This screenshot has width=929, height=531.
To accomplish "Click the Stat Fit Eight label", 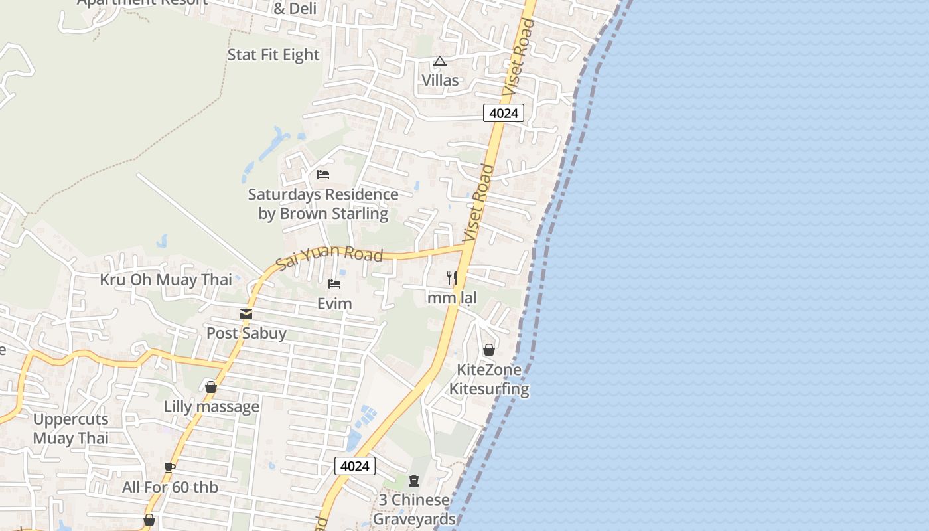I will tap(273, 55).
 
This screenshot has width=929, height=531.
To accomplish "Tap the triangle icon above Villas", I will tap(439, 62).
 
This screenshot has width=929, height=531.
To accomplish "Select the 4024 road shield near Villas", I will tap(503, 113).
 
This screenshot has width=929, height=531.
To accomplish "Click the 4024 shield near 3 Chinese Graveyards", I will tap(354, 466).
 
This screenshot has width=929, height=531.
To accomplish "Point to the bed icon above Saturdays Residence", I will tap(323, 175).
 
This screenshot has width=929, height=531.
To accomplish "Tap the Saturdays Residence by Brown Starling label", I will tap(323, 204).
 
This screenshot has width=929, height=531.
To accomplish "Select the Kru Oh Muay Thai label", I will tap(166, 279).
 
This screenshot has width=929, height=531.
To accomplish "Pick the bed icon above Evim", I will tap(334, 284).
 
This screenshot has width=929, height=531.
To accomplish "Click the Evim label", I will tap(334, 304).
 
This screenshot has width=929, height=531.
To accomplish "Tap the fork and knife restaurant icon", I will tap(452, 277).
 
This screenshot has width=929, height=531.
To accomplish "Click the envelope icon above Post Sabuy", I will tap(246, 313).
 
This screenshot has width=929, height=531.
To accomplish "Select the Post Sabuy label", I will tap(246, 333).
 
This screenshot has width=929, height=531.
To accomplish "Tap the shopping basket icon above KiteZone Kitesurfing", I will tap(489, 350).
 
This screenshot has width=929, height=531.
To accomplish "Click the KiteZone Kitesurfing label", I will tap(489, 379).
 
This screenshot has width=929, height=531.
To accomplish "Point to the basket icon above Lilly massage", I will tap(211, 387).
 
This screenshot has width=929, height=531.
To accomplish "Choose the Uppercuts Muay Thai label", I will tap(70, 429).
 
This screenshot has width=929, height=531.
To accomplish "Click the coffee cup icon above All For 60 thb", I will tap(170, 467).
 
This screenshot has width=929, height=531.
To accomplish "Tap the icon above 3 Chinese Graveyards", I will tap(414, 480).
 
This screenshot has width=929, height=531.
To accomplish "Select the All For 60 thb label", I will tap(170, 487).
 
